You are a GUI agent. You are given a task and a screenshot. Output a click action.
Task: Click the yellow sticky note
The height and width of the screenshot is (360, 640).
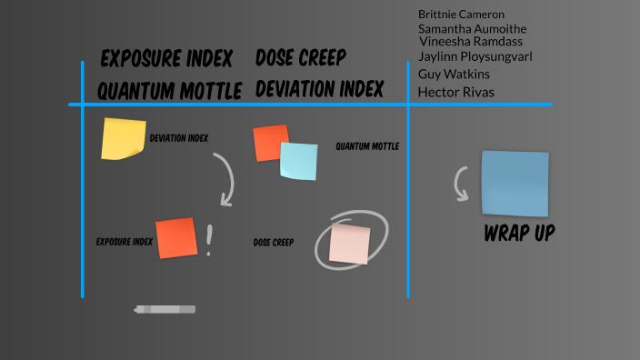click(124, 139)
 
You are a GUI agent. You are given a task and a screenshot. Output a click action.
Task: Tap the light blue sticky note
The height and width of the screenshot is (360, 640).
click(299, 162)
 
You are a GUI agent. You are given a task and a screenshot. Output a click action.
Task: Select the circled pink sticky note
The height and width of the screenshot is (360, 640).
click(350, 243)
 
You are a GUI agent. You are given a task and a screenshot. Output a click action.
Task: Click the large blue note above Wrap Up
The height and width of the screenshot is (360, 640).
click(515, 183)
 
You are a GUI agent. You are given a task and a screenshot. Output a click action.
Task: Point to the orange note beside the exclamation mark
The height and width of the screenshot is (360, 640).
click(176, 238)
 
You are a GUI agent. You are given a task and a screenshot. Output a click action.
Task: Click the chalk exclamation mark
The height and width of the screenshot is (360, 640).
click(209, 240)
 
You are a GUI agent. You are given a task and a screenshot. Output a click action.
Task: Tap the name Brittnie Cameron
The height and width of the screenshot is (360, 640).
click(461, 15)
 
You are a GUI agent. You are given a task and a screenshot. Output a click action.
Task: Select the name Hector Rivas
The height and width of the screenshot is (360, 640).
click(456, 92)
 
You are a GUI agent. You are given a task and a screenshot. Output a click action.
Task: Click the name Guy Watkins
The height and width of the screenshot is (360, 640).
click(454, 74)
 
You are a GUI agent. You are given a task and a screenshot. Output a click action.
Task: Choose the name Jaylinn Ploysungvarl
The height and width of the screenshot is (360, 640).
click(475, 56)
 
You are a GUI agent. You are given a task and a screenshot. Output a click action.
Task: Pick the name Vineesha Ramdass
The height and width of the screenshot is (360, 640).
click(471, 42)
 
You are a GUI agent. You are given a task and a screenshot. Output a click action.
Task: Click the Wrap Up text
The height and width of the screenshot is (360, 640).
click(519, 234)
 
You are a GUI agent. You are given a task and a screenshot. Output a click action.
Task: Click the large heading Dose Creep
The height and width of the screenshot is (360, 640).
click(301, 59)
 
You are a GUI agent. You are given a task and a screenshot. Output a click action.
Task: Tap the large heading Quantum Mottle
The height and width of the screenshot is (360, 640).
click(170, 90)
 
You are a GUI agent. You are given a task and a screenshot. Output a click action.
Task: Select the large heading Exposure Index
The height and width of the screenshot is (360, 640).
click(166, 60)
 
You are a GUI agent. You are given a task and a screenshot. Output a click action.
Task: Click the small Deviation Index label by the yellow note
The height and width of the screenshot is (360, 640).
click(179, 138)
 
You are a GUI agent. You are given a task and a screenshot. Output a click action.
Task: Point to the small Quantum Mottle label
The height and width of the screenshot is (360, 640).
click(367, 146)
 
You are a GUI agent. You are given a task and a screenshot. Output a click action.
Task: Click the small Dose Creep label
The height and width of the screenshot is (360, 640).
click(273, 243)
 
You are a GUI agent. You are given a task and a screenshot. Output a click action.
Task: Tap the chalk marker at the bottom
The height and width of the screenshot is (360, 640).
click(165, 310)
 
